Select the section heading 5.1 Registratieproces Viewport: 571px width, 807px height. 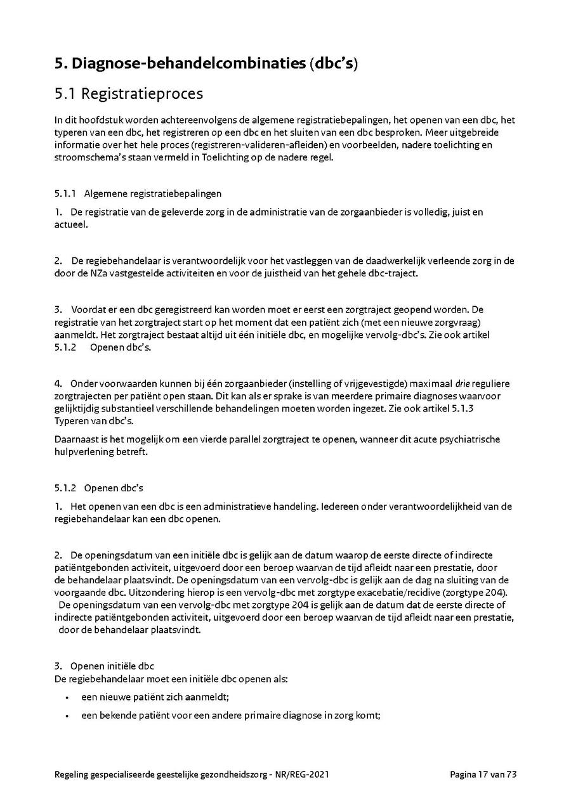click(129, 94)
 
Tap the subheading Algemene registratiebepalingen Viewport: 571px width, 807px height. click(153, 193)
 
